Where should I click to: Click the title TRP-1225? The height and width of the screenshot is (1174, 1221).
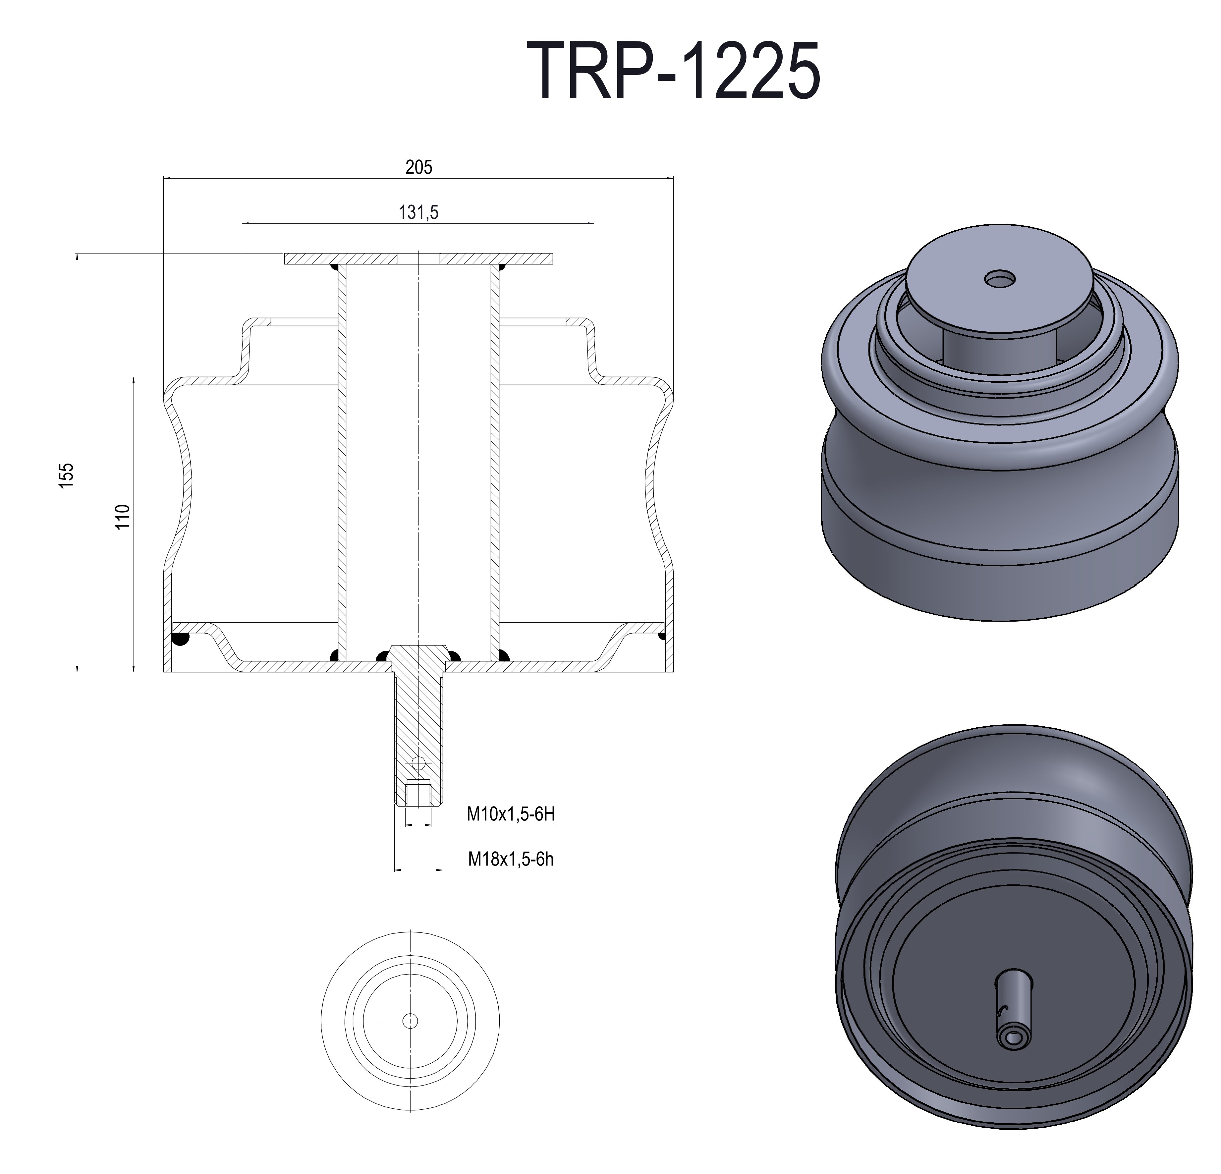pos(674,71)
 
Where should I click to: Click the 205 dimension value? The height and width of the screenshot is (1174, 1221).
pos(418,167)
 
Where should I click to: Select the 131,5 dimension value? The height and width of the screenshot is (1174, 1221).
pos(418,212)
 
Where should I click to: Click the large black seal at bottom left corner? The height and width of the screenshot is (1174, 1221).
pos(180,639)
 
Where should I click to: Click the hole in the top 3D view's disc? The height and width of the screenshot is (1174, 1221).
pos(1000,279)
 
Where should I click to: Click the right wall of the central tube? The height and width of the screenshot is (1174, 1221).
pos(495,461)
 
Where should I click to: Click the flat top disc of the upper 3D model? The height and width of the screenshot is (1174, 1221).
pos(972,293)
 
